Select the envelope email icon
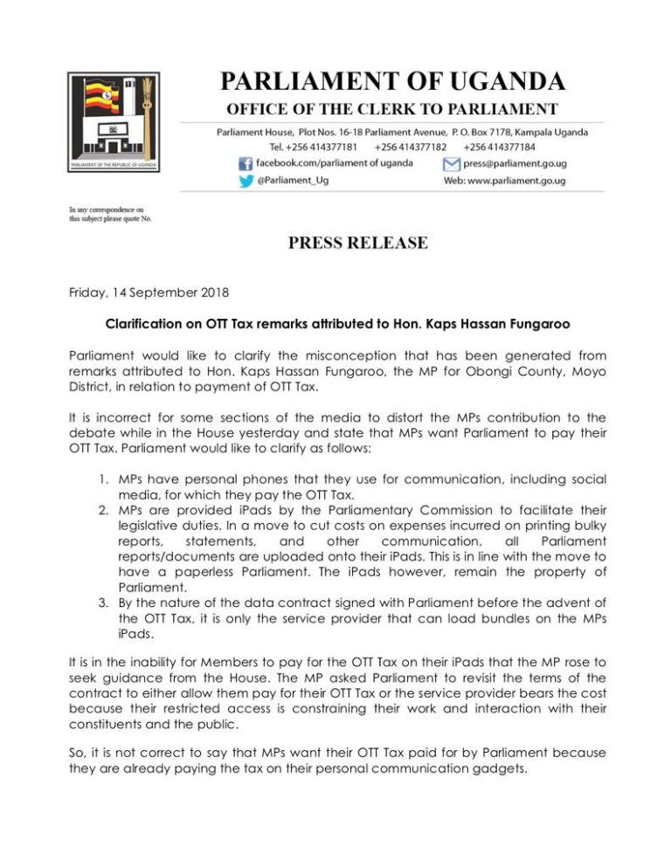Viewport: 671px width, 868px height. pos(451,163)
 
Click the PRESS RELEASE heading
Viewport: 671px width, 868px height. pos(358,243)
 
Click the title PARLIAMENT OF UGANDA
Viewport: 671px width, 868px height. pos(392,82)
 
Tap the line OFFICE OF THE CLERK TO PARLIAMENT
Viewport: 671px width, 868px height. pos(392,109)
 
